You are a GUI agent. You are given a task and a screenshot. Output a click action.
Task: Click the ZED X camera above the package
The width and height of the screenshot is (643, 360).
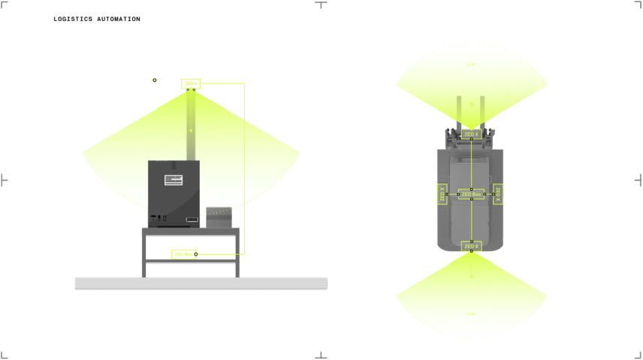point(192,83)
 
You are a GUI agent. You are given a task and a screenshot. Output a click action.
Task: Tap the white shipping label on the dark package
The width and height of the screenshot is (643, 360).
point(175,180)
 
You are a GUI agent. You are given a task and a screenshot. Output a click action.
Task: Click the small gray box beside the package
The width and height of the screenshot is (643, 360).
point(222,215)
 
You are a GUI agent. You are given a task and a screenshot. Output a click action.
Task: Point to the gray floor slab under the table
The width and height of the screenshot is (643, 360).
point(201,282)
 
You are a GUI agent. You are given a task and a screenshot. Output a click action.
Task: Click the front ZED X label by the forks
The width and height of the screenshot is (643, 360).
point(471,134)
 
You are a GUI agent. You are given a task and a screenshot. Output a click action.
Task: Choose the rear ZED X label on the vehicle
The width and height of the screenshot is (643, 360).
point(471,246)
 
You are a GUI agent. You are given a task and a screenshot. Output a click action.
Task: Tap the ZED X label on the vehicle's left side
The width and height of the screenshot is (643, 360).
point(442,194)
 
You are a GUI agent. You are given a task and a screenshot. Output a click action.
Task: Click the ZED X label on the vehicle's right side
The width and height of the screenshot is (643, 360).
point(498,194)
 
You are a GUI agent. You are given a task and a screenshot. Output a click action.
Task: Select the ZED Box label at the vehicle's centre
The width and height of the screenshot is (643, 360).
point(471,194)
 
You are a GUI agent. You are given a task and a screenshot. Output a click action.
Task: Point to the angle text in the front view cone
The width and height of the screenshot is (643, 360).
point(471,65)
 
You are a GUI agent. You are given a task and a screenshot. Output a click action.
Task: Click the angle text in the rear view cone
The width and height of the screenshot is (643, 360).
point(471,313)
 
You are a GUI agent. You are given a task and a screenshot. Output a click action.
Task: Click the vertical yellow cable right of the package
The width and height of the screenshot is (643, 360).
point(246,150)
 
